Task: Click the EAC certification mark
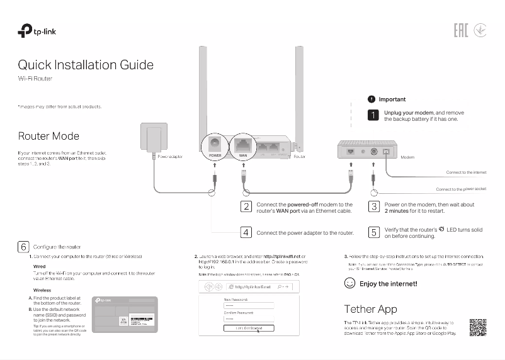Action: [461, 30]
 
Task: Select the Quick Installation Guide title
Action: [86, 65]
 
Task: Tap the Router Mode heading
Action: [48, 136]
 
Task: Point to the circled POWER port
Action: [215, 148]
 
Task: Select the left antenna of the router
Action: [204, 88]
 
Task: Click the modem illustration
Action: [366, 152]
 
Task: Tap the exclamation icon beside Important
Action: [372, 99]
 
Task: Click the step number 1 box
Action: [373, 116]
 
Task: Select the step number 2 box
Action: [247, 206]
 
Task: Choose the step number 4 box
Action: [247, 232]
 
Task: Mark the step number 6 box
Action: [23, 247]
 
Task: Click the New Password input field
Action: [249, 305]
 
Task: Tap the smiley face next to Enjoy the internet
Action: [349, 284]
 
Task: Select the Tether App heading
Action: [370, 309]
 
